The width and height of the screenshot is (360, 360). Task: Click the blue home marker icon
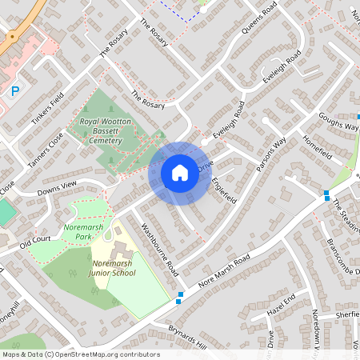(x=179, y=173)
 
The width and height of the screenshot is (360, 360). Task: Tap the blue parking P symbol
(x=15, y=92)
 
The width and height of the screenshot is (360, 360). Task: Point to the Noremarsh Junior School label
(x=114, y=268)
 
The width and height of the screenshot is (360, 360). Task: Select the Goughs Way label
(x=337, y=121)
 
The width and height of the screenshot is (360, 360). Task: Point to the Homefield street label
(x=318, y=148)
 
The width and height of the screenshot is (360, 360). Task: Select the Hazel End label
(x=281, y=303)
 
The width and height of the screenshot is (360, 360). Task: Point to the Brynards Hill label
(x=187, y=337)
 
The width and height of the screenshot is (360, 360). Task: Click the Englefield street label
(x=224, y=187)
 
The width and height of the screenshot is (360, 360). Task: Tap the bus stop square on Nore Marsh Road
(x=179, y=302)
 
